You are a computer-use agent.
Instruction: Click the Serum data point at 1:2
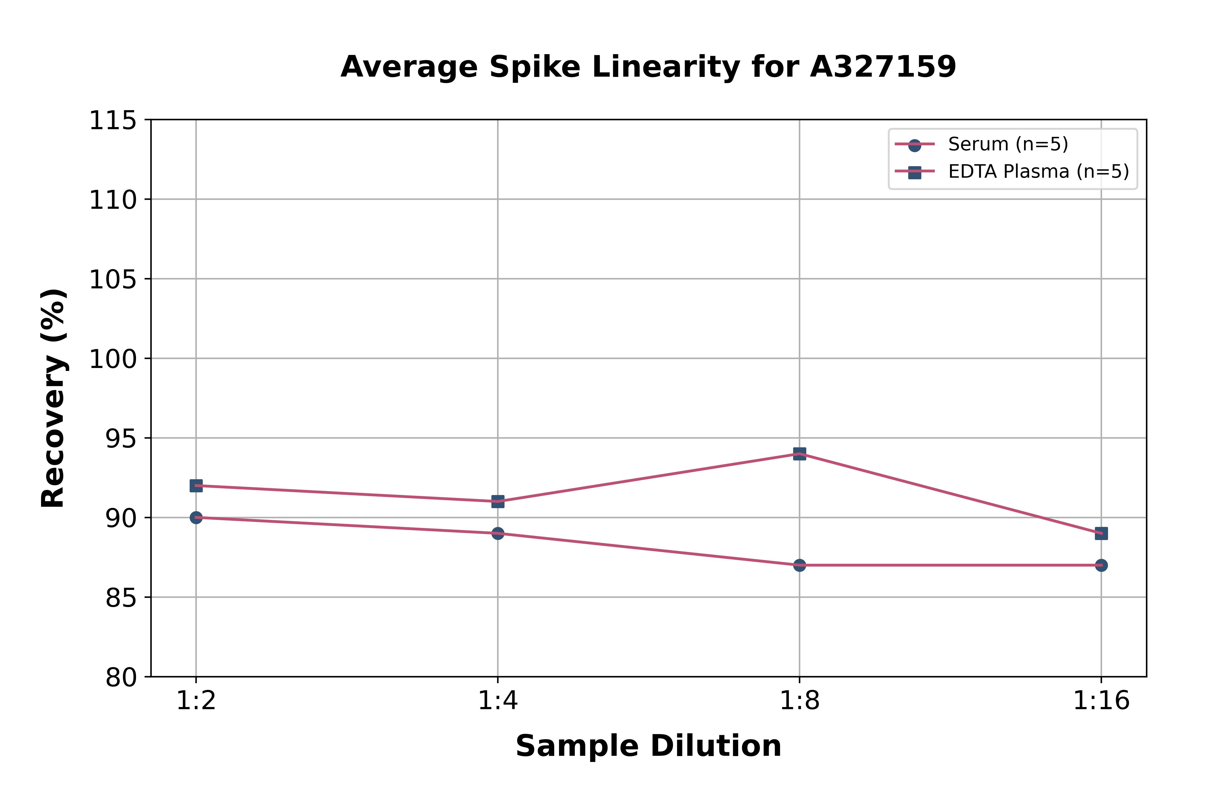click(196, 517)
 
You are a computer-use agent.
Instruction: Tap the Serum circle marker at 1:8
click(800, 565)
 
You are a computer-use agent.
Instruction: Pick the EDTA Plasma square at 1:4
click(498, 501)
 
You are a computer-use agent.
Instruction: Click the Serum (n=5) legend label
click(1008, 144)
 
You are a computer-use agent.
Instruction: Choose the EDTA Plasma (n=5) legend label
click(1038, 172)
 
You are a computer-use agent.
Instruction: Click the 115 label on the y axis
click(113, 121)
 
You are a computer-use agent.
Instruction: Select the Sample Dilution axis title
click(648, 746)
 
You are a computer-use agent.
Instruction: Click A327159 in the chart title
click(883, 66)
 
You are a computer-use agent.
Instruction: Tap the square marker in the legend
click(914, 172)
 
